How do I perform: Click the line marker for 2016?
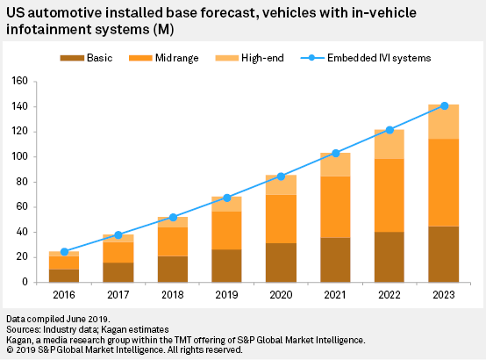64,252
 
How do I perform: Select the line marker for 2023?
445,106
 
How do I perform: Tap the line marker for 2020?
281,176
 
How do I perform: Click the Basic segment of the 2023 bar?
444,254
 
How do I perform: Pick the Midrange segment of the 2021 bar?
335,207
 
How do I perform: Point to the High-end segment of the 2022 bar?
390,144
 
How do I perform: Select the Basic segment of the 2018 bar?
173,269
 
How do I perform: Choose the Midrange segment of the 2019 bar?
226,231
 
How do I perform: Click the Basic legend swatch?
72,58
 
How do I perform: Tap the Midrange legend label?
176,58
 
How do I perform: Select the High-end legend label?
262,58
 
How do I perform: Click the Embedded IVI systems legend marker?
312,58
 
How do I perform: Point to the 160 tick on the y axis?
35,82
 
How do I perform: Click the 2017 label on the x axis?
118,294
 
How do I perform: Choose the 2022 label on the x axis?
390,294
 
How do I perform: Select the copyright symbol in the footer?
10,349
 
